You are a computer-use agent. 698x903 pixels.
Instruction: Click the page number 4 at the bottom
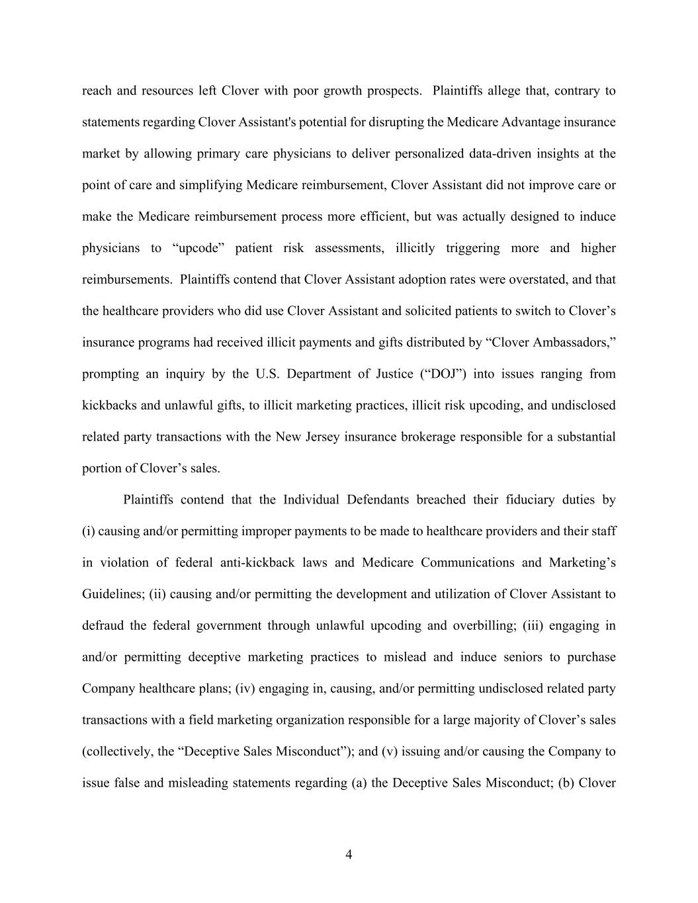[x=349, y=855]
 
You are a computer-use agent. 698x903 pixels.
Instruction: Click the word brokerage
[x=427, y=437]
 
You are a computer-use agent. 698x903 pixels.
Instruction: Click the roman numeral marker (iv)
[x=245, y=689]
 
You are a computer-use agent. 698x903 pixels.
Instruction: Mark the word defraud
[x=103, y=625]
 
